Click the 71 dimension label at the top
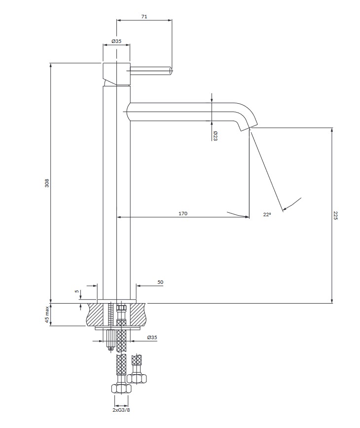(x=144, y=17)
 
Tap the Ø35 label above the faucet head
(x=116, y=41)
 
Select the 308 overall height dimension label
(x=47, y=183)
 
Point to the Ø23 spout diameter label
(x=215, y=136)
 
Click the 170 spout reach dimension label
(x=183, y=213)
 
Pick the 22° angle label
(x=267, y=215)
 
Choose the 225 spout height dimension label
(x=335, y=215)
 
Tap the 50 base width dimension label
(x=160, y=282)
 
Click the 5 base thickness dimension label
(x=77, y=291)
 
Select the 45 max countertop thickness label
(x=47, y=315)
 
